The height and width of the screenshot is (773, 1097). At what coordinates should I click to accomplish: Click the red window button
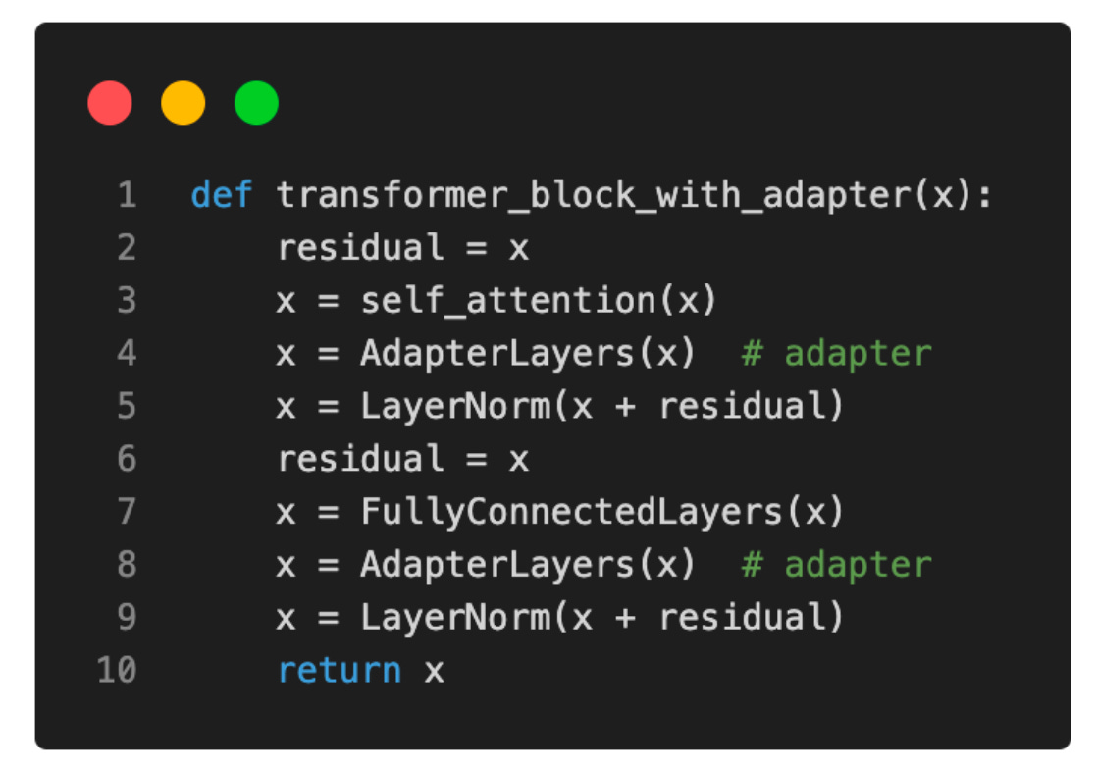tap(110, 103)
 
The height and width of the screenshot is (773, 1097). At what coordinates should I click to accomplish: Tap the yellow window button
tap(183, 103)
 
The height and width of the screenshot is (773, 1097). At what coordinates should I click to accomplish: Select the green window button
tap(256, 103)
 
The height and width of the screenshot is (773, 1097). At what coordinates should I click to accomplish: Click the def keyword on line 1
tap(222, 195)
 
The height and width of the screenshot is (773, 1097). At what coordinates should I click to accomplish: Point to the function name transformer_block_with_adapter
tap(594, 195)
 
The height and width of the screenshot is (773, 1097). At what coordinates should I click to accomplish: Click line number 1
tap(127, 195)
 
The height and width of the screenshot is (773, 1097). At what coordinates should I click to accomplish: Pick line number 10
tap(117, 671)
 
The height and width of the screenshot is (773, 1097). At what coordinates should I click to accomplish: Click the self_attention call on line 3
tap(507, 301)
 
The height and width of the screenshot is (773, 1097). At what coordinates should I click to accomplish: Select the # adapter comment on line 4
tap(836, 354)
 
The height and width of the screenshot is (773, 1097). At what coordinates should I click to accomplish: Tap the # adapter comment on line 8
tap(836, 565)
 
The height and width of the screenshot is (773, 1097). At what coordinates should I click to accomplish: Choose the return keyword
tap(340, 671)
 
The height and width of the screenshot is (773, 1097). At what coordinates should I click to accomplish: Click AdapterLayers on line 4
tap(496, 354)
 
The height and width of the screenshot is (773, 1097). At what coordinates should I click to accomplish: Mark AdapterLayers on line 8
tap(496, 565)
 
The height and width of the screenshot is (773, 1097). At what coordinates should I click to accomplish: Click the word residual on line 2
tap(361, 248)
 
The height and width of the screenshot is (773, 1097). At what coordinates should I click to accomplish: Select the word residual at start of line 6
tap(361, 459)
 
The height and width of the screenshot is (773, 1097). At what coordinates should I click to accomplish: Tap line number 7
tap(127, 512)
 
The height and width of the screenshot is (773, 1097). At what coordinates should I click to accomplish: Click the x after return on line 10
tap(434, 672)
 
